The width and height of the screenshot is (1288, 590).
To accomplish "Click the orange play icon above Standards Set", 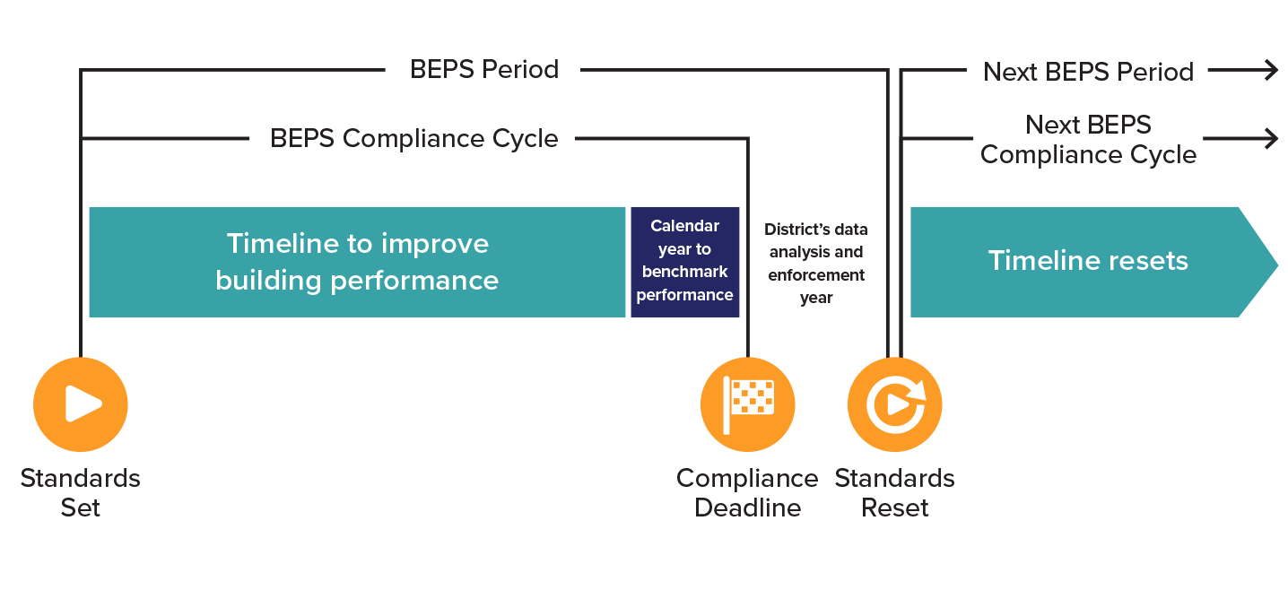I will coord(81,404).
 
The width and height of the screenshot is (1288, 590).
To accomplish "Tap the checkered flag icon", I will coord(747,404).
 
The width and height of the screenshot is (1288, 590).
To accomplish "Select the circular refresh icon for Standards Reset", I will coord(894,404).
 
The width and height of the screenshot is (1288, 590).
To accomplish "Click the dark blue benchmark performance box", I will coord(685,262).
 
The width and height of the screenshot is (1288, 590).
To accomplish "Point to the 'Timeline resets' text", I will coord(1087,261).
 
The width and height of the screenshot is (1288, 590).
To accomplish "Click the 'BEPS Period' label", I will coord(484,70).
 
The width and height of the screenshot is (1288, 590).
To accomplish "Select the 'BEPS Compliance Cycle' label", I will coord(413,139).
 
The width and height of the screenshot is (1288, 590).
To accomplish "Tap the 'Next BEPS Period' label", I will coord(1088,72).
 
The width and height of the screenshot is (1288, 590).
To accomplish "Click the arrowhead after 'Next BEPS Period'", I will coord(1270,72).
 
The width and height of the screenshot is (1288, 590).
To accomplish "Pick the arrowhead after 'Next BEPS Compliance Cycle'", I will coord(1270,139).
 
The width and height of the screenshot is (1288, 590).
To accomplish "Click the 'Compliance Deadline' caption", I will coord(747,492).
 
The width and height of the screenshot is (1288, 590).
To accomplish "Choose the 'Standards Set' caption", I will coord(81,492).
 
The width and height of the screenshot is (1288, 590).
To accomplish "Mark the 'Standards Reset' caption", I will coord(894,492).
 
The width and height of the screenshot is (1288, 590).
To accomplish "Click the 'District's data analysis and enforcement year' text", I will coord(816,264).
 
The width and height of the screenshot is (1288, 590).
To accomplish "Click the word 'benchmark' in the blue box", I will coord(685,272).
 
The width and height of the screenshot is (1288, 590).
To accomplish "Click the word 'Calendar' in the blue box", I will coord(684,226).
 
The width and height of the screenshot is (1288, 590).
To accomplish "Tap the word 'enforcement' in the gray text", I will coord(816,275).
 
